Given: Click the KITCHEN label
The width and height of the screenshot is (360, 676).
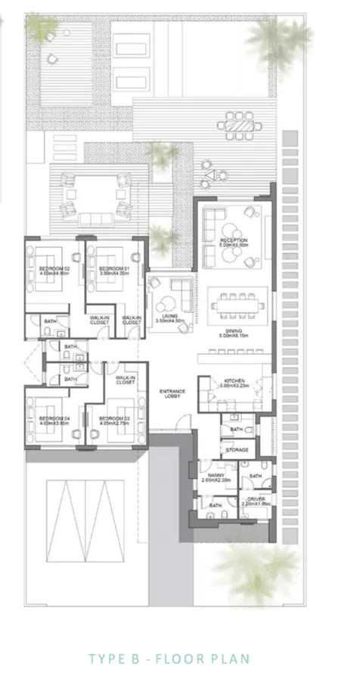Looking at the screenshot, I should tap(232, 382).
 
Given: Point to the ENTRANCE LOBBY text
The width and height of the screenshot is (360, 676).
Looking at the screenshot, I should tap(172, 394).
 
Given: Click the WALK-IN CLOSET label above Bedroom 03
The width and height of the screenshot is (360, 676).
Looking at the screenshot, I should tap(125, 380).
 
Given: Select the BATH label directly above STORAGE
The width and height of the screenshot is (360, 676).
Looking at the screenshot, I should tap(236, 429).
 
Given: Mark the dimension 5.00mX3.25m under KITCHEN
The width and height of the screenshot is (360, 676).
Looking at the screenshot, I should tap(232, 387).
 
